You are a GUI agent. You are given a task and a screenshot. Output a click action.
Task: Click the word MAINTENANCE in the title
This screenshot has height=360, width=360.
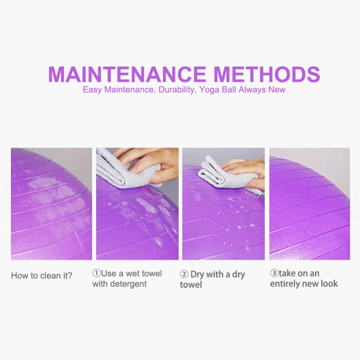127,74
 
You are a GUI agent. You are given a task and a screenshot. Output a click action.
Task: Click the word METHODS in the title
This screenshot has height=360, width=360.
267,74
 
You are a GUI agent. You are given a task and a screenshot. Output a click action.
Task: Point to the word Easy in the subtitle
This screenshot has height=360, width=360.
92,90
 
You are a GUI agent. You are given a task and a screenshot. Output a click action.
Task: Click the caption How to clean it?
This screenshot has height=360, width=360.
42,275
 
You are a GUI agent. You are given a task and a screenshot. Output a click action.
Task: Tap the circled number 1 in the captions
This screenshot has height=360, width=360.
96,273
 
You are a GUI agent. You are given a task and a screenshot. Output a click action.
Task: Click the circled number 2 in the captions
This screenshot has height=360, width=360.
184,274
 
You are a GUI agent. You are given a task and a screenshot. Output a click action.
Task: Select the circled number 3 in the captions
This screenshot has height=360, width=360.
274,273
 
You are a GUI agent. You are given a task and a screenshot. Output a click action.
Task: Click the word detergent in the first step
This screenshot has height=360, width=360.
129,284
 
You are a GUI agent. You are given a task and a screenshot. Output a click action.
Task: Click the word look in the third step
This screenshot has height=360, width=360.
329,284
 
